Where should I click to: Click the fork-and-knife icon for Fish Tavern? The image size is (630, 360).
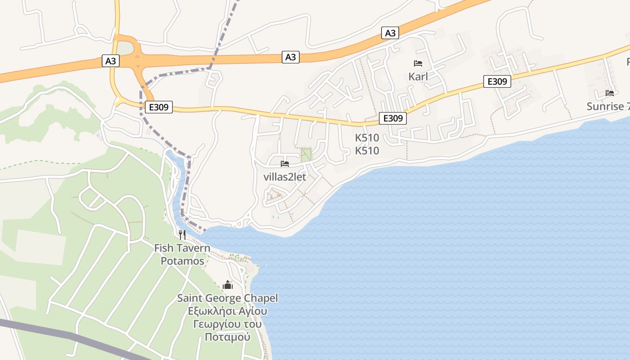(182, 234)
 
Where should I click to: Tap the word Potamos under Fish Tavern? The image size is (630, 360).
(182, 261)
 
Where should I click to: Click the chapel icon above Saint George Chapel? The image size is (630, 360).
(228, 285)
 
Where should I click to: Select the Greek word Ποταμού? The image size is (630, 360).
(227, 337)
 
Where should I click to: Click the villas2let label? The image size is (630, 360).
(284, 177)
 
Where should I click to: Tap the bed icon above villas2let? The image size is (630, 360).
(284, 164)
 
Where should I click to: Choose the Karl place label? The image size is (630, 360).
(418, 76)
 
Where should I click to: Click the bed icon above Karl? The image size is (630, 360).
(418, 63)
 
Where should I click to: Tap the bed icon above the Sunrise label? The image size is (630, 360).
(610, 93)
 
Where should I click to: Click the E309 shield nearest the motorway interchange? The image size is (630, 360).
(159, 107)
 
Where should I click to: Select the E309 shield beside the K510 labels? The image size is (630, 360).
(393, 118)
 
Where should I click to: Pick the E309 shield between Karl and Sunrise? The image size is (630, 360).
(497, 81)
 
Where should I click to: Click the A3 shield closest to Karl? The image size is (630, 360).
(390, 33)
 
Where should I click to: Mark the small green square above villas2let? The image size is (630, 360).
(306, 154)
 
